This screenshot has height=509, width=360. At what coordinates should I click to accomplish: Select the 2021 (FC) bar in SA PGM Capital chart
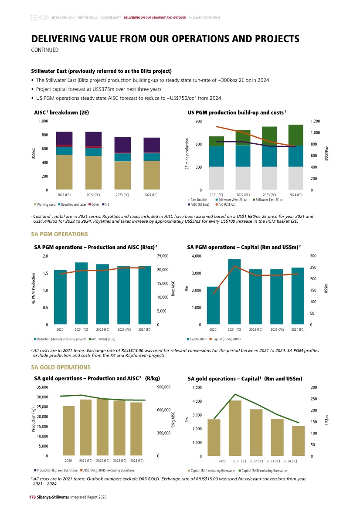point(234,292)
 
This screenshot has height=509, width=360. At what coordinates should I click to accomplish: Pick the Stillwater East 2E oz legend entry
point(269,200)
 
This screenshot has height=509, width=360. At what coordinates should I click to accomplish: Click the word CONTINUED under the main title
point(44,50)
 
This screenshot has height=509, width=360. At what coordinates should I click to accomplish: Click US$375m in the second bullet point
point(107,89)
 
